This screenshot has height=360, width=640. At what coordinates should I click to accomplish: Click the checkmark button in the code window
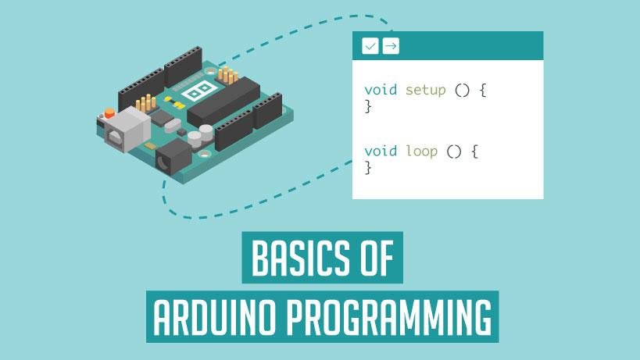point(370,47)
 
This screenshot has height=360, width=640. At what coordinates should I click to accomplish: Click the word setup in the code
point(425,90)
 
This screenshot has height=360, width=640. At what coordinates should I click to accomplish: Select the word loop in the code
point(421,150)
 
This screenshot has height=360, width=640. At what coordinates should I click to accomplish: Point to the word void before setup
point(381,90)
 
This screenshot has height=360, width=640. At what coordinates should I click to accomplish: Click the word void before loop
point(381,150)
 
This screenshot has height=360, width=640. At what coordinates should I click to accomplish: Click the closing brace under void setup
point(368,107)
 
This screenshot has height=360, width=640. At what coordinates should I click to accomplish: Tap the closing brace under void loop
point(368,167)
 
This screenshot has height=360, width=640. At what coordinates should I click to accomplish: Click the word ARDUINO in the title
point(213,319)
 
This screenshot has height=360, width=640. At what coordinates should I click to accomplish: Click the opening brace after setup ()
point(483,90)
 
